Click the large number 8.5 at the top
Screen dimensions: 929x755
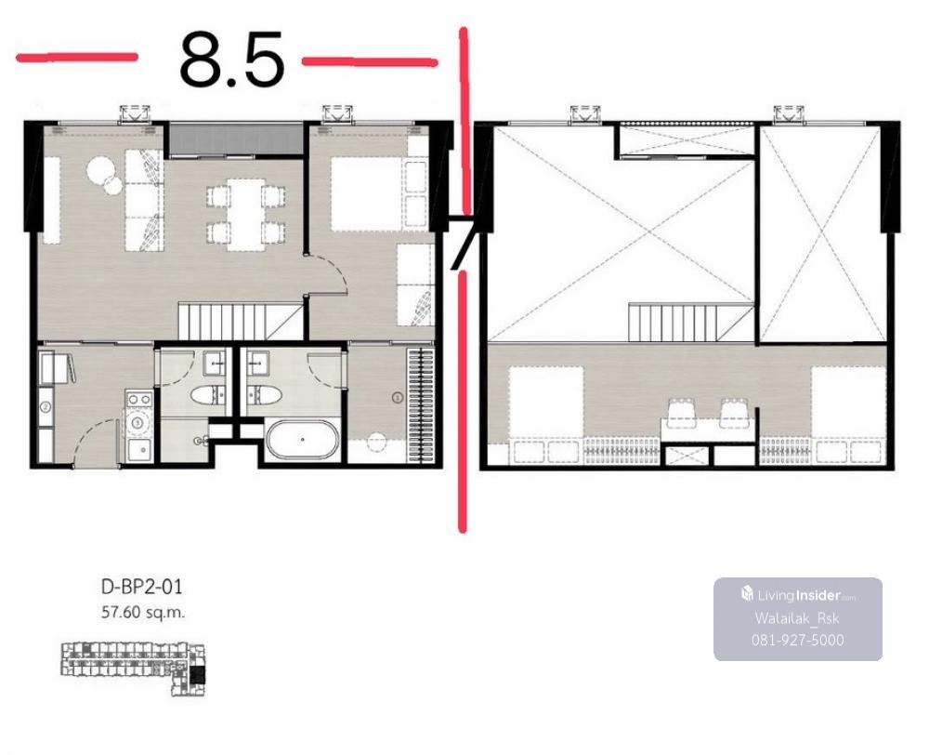(x=231, y=60)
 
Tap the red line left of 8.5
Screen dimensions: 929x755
(x=77, y=58)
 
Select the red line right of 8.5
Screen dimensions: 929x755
(x=370, y=61)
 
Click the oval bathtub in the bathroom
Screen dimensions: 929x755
(x=302, y=440)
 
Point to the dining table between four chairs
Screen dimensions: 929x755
(x=246, y=214)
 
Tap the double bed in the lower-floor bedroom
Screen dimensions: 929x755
(x=379, y=193)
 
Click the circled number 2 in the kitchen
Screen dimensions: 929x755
(x=46, y=407)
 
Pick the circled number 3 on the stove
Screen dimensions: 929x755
(x=137, y=423)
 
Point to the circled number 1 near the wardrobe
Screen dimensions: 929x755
(x=398, y=397)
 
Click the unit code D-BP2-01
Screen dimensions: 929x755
(x=142, y=587)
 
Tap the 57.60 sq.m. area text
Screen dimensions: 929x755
(x=143, y=612)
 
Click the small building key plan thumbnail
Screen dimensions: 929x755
(x=133, y=669)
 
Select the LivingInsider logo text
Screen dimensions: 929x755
(x=798, y=595)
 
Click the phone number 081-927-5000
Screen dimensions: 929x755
(x=797, y=640)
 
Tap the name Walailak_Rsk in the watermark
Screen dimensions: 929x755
(x=797, y=618)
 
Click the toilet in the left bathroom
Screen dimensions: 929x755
(x=213, y=395)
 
